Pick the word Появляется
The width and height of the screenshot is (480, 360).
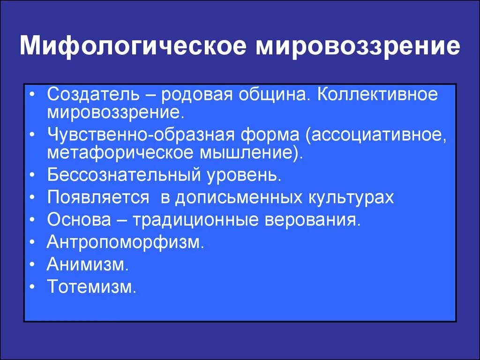97,197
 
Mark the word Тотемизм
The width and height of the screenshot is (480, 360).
91,286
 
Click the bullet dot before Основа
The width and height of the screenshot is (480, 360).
31,220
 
